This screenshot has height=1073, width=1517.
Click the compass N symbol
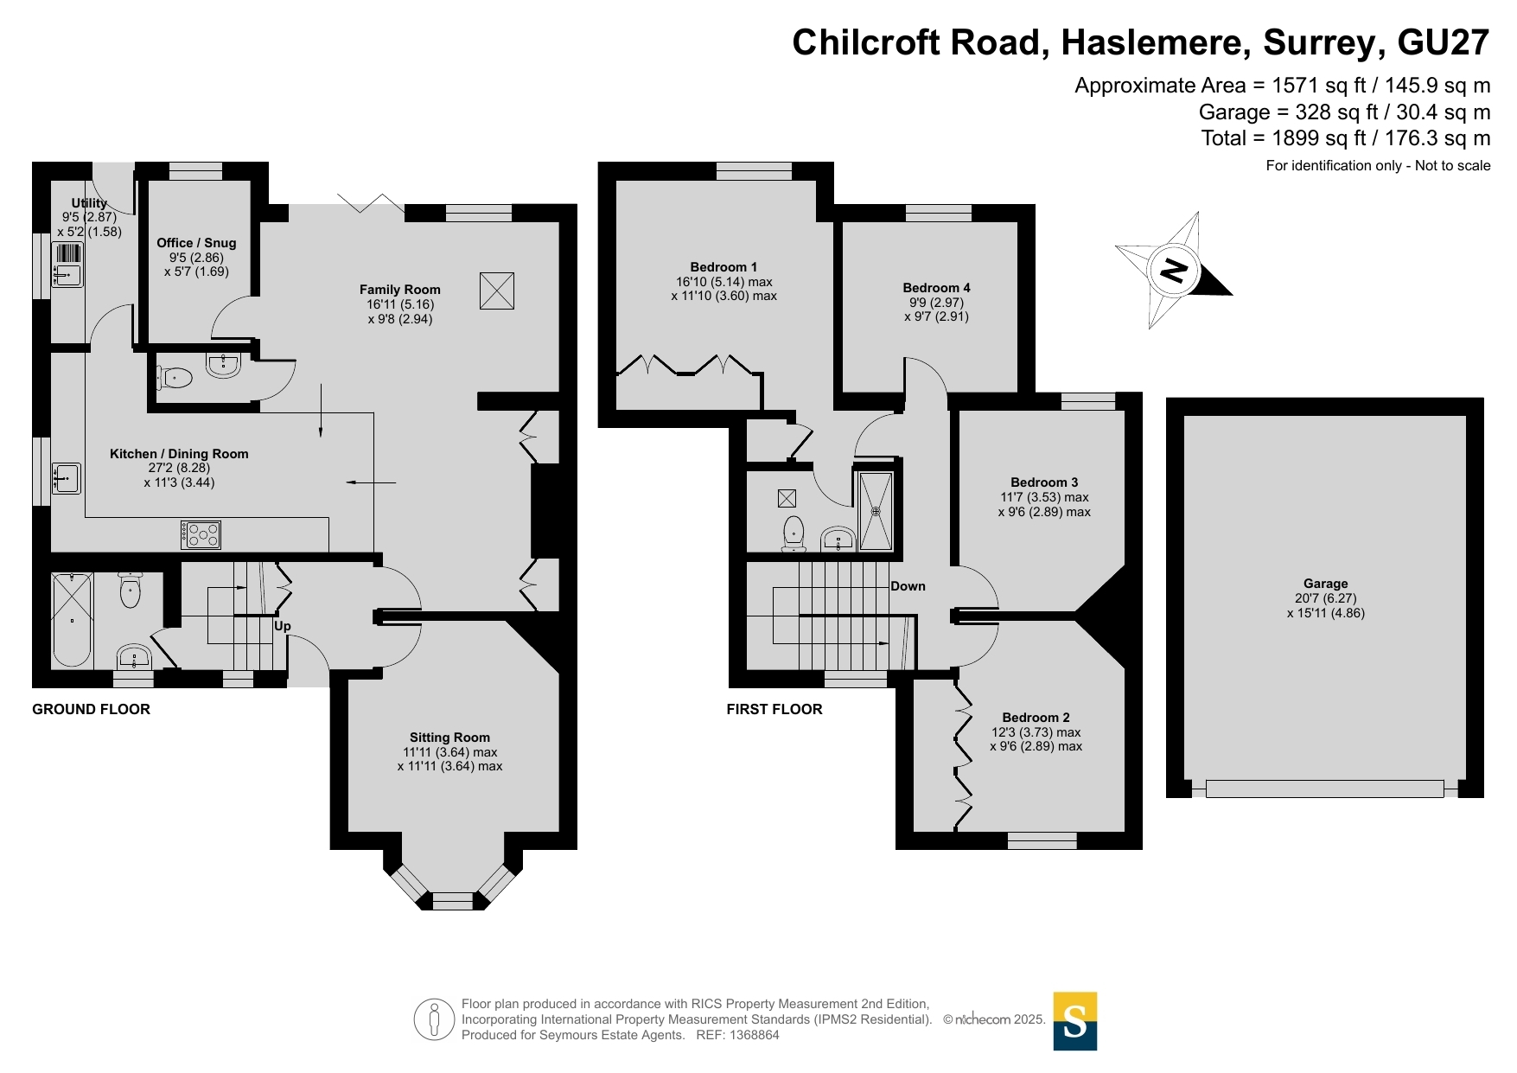[1173, 270]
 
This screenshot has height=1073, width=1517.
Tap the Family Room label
[400, 290]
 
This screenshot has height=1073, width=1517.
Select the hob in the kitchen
[201, 535]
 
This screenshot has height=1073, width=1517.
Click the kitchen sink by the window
[67, 478]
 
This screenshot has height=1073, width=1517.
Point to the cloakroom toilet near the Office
[175, 377]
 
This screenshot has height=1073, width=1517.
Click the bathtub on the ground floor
[72, 619]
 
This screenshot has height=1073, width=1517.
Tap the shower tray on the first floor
[876, 511]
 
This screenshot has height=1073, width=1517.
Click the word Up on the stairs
[283, 626]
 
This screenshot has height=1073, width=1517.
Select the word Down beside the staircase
[908, 586]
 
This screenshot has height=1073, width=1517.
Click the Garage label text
[1325, 584]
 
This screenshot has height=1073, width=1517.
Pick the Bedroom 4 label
[936, 288]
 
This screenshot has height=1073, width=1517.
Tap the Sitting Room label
[449, 738]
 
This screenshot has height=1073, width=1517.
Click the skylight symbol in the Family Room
[497, 291]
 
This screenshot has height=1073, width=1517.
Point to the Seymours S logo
[1074, 1021]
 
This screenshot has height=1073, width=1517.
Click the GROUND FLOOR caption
[91, 709]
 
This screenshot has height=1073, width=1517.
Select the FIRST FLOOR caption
[774, 709]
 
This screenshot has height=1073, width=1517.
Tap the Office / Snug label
[196, 243]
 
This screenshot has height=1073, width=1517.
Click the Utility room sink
[67, 276]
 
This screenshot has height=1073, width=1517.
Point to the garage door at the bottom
[1324, 789]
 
